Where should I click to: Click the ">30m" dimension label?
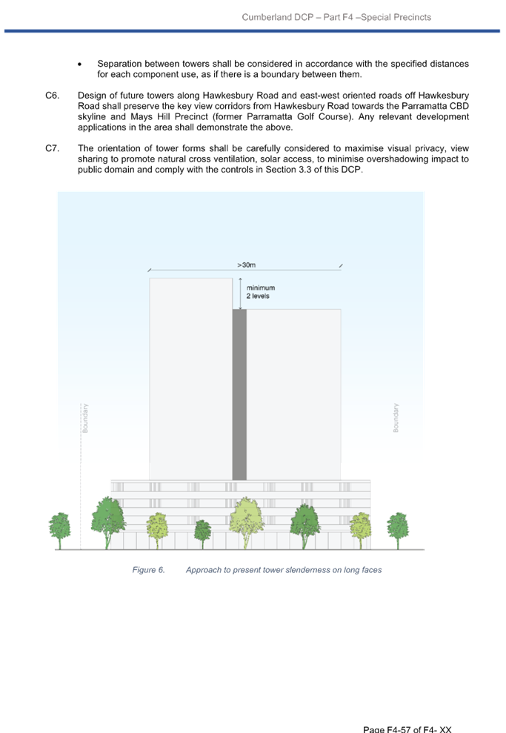pos(246,265)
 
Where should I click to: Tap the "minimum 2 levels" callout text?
pos(261,292)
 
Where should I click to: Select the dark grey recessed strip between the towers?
pos(239,394)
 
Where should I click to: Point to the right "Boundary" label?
pos(396,418)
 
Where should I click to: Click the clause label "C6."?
pos(53,96)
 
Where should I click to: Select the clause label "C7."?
pos(53,148)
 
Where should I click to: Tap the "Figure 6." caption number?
pos(149,570)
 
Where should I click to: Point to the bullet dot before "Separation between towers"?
pos(80,64)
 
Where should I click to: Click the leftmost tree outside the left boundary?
pos(60,531)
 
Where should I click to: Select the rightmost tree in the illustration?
pos(398,531)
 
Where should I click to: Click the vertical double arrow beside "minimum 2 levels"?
pos(240,293)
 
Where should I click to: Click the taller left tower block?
pos(190,379)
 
